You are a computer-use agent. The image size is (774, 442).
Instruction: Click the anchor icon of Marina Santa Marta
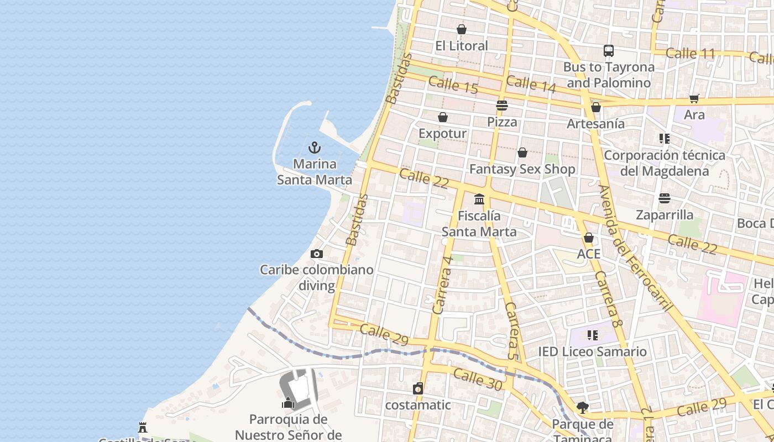[314, 148]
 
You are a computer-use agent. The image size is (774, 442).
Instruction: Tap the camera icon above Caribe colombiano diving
[317, 254]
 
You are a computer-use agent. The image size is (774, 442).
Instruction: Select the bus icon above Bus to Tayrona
[608, 51]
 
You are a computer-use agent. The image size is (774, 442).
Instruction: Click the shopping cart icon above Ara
[694, 98]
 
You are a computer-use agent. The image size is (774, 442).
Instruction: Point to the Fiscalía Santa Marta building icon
[479, 199]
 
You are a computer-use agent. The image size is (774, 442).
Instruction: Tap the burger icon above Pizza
[502, 105]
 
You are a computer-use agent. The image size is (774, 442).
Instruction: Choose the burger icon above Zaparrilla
[665, 198]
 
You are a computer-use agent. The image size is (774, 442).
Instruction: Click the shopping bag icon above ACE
[589, 238]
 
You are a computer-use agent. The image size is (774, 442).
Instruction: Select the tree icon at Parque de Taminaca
[582, 408]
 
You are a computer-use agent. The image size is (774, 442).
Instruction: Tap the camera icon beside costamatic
[418, 388]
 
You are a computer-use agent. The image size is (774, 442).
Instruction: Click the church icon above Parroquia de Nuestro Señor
[287, 403]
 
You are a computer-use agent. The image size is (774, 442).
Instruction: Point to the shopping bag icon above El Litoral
[462, 29]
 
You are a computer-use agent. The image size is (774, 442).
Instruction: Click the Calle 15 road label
[453, 85]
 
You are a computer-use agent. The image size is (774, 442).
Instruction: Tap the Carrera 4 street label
[443, 285]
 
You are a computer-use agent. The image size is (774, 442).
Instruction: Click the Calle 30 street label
[477, 380]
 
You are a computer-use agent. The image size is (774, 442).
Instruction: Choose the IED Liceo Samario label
[592, 351]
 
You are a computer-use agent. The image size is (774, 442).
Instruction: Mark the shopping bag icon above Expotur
[443, 117]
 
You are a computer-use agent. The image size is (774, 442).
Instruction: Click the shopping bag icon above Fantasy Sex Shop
[522, 152]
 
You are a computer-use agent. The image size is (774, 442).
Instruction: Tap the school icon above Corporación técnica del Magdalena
[664, 139]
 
